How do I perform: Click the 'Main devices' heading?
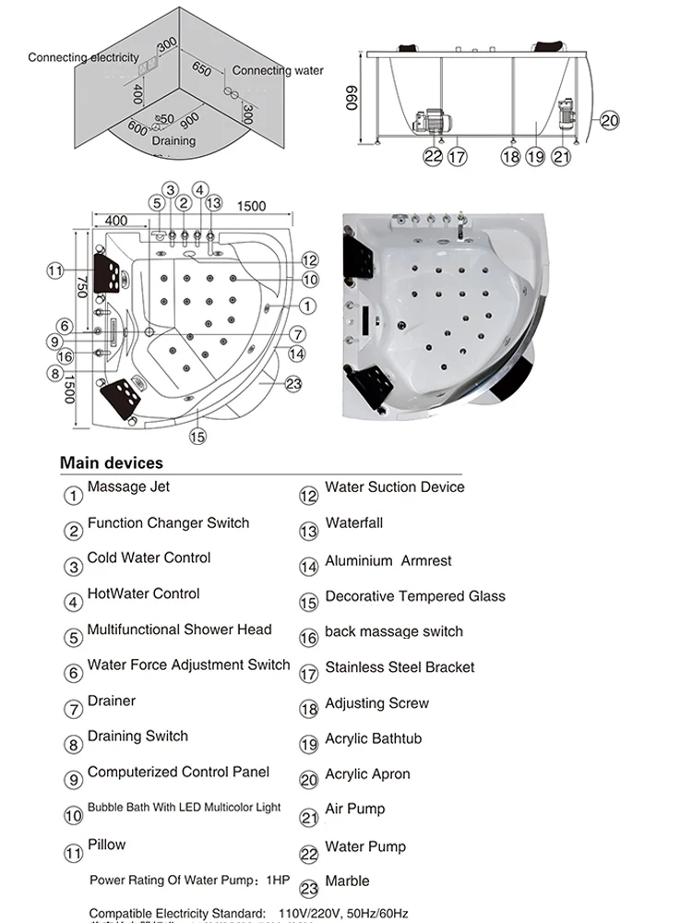tap(111, 462)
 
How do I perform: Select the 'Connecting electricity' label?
tap(83, 57)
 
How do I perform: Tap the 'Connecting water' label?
tap(278, 70)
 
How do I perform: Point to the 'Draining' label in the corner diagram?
tap(173, 141)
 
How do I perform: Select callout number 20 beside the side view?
tap(610, 120)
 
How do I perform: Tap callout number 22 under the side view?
tap(433, 157)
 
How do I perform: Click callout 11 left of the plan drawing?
tap(55, 270)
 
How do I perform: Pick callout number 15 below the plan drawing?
tap(197, 437)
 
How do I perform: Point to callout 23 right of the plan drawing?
tap(294, 385)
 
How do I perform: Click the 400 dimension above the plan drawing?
tap(115, 221)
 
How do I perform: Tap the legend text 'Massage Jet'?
tap(128, 486)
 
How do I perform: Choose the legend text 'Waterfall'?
tap(353, 523)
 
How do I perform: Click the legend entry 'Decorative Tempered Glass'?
tap(415, 596)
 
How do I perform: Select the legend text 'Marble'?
tap(347, 881)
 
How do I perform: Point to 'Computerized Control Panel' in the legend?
tap(178, 772)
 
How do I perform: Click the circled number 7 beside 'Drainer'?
tap(74, 710)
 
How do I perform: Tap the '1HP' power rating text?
tap(276, 880)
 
